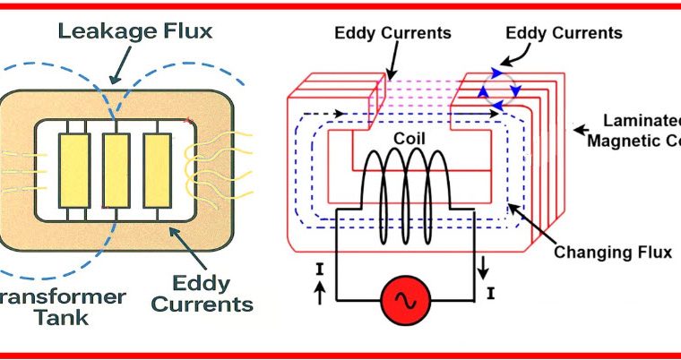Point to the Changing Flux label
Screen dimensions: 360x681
point(613,253)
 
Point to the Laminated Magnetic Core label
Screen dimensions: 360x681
point(631,129)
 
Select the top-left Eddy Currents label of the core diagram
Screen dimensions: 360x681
point(392,34)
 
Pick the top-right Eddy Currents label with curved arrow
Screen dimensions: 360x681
point(564,33)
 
